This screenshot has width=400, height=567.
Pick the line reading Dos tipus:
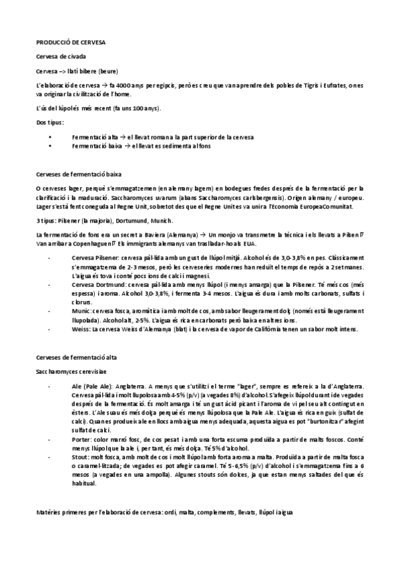50,122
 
